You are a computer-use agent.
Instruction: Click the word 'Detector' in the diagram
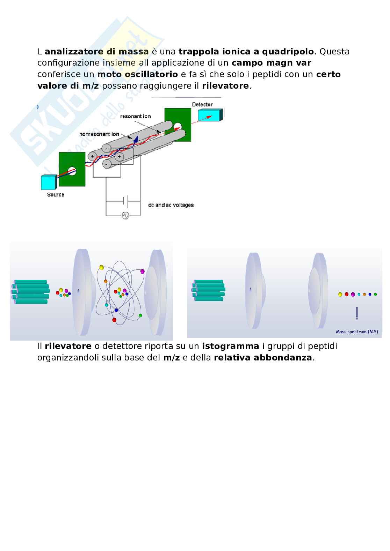click(202, 104)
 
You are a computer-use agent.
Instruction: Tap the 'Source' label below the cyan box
click(56, 195)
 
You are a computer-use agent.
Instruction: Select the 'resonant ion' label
click(135, 116)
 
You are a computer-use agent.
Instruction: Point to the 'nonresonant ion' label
click(99, 134)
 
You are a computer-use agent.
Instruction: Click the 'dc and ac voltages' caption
click(171, 205)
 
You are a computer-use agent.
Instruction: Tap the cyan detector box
click(210, 115)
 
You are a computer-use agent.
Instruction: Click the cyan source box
click(48, 182)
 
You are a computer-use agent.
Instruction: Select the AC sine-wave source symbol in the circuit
click(125, 216)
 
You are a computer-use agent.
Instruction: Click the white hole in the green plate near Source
click(72, 171)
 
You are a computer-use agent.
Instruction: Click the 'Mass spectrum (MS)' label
click(357, 332)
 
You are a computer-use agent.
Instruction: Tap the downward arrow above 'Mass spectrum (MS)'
click(357, 313)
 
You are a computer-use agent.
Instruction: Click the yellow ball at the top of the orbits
click(101, 267)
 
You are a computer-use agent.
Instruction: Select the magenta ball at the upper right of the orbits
click(142, 271)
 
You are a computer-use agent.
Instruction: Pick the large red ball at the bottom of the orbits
click(114, 320)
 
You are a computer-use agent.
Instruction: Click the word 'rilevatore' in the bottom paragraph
click(68, 346)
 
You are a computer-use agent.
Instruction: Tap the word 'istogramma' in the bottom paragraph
click(231, 346)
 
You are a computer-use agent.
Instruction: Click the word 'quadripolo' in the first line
click(288, 52)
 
